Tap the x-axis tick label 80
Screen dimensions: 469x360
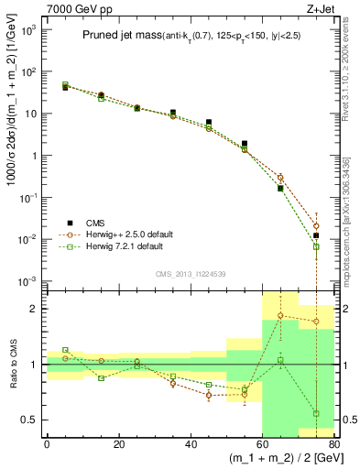333,445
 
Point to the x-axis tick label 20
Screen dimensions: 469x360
118,445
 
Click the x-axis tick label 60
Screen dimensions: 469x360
262,445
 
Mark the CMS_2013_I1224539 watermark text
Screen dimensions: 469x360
190,273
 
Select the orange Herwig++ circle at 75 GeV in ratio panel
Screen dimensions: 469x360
316,322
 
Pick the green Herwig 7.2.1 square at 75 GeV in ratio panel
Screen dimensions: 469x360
316,413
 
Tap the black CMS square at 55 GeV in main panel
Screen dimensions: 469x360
245,144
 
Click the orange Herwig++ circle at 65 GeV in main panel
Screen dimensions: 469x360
280,178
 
